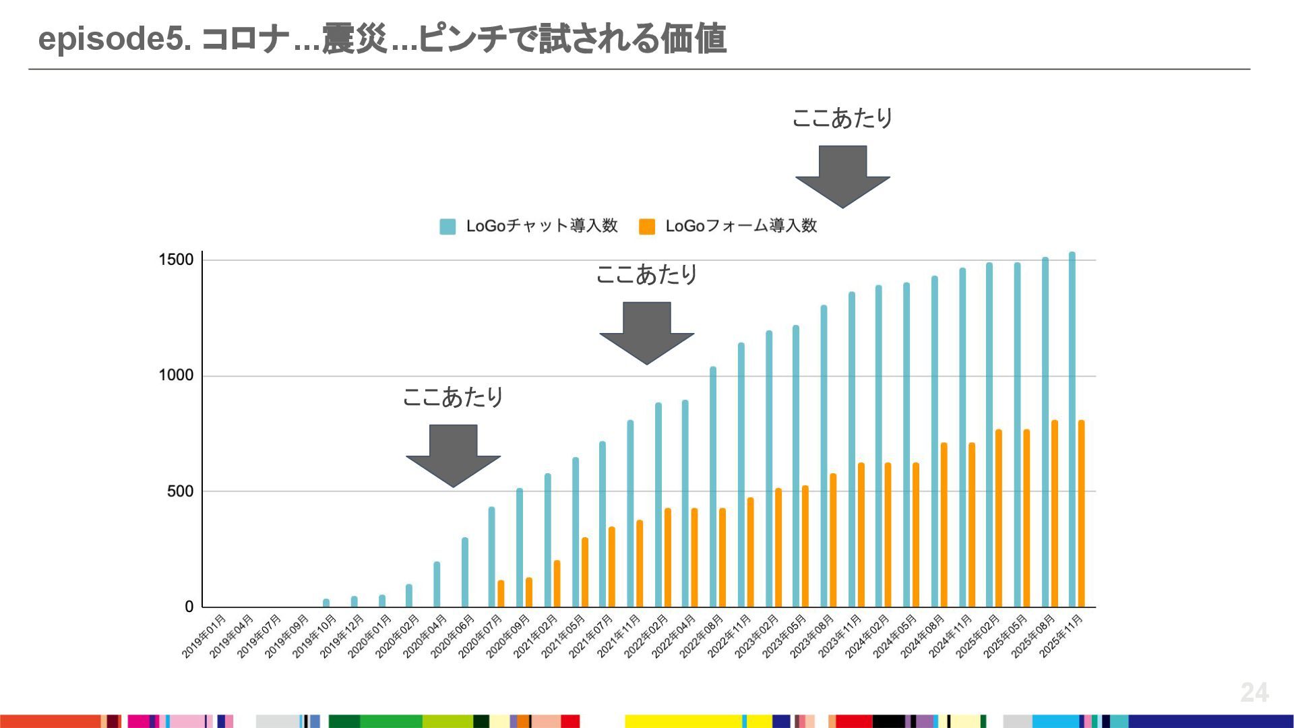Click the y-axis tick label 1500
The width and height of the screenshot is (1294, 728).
point(175,260)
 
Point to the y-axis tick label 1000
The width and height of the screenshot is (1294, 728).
point(175,375)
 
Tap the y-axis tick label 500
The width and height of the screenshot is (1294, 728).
point(180,491)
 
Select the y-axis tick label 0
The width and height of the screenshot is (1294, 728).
point(189,607)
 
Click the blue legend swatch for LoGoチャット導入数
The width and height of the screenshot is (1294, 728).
point(448,226)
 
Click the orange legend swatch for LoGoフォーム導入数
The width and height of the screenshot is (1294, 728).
point(647,226)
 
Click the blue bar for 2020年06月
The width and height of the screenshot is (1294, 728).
point(465,572)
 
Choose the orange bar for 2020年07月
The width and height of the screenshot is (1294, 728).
point(501,593)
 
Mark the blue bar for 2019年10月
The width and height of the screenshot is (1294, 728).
point(326,603)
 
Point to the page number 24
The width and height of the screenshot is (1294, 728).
point(1254,692)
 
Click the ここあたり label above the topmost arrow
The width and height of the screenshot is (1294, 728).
point(842,119)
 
